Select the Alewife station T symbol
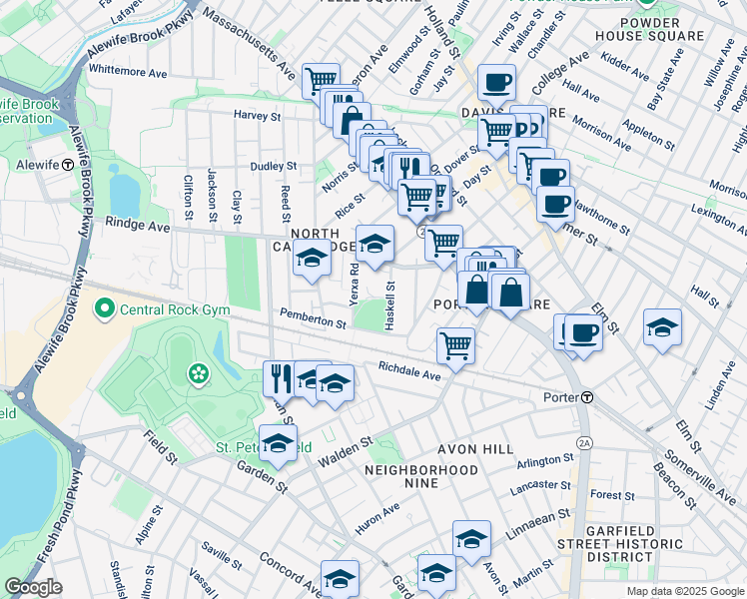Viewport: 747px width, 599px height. point(67,165)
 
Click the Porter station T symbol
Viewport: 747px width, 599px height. point(588,397)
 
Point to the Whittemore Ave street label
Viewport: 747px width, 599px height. point(128,73)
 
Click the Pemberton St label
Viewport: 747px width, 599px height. point(313,321)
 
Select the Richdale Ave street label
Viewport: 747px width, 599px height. point(409,371)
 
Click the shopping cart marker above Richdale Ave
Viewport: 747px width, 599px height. point(455,345)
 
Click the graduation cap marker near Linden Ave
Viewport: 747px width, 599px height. point(662,326)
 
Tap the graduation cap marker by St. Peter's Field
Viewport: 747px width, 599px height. point(279,443)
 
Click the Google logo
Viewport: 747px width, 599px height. point(33,587)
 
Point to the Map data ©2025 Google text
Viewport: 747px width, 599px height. point(685,591)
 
